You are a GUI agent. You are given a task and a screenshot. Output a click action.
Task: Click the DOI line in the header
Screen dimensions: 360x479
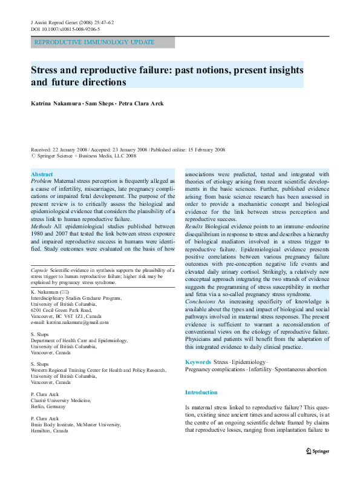tap(65, 28)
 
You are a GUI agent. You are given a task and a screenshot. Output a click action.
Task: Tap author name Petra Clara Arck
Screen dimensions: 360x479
tap(142, 104)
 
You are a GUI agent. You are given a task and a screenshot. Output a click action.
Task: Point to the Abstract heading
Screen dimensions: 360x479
tap(42, 174)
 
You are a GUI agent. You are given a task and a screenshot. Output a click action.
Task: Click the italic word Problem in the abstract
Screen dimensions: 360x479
tap(41, 181)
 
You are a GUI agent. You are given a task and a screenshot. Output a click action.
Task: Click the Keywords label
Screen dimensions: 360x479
tap(198, 362)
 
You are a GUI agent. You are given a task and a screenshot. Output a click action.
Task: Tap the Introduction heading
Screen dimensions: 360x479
tap(201, 393)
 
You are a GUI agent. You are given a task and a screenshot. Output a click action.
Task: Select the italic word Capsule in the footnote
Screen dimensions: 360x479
tap(39, 269)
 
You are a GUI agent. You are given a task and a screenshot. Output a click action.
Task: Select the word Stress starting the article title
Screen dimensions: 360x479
tap(47, 70)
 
